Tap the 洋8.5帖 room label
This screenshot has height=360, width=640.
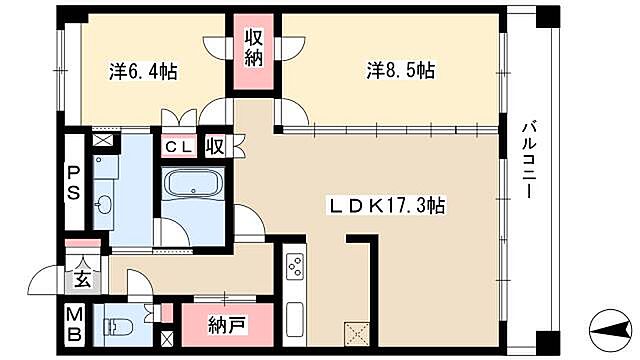[399, 71]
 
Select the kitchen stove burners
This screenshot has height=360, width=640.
[295, 267]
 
